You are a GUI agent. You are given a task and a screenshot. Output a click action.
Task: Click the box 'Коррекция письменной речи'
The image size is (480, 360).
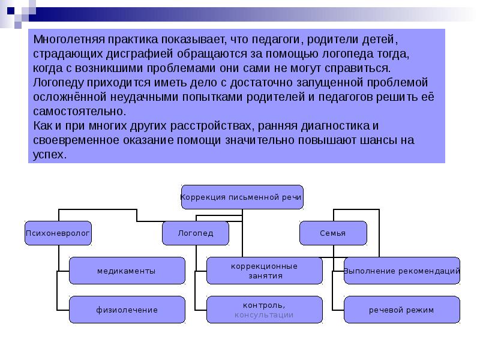coord(242,197)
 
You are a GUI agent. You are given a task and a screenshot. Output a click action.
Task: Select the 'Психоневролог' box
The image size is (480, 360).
coord(58,233)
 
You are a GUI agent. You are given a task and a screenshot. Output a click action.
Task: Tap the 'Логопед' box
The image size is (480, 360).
coord(196,233)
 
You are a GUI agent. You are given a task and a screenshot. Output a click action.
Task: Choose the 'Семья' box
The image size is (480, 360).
coord(333,233)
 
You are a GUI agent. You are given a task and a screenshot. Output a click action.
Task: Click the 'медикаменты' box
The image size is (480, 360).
coord(127,271)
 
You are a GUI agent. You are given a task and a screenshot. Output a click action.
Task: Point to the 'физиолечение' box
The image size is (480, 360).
coord(127,310)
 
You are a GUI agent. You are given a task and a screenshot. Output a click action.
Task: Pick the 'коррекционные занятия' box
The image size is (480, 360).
coord(264,271)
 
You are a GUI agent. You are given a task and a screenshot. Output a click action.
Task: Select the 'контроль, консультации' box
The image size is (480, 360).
coord(264,310)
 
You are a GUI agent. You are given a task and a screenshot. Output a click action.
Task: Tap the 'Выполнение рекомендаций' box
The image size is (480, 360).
coord(402,271)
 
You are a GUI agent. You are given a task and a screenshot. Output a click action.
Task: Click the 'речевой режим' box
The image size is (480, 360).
coord(402,310)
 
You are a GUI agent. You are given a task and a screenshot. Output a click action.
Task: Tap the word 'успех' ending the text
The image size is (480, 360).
coord(48,154)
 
